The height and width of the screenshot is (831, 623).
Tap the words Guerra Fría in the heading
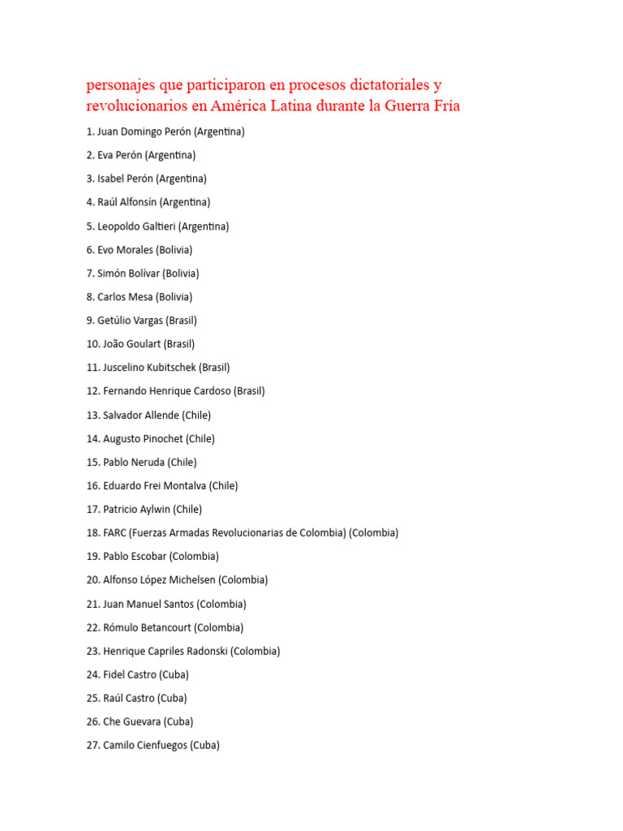(425, 105)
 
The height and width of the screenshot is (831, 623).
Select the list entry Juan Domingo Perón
(144, 131)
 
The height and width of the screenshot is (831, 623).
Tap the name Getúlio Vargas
(130, 321)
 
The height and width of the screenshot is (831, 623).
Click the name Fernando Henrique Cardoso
(167, 391)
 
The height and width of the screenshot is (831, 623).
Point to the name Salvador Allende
(140, 415)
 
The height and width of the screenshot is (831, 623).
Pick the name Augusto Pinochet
(143, 439)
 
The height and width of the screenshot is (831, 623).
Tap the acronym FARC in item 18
(114, 533)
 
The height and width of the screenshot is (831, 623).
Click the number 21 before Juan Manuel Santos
(92, 605)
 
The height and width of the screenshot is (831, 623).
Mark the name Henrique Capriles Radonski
(165, 652)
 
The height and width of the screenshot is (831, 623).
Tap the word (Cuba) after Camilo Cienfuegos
(204, 746)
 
